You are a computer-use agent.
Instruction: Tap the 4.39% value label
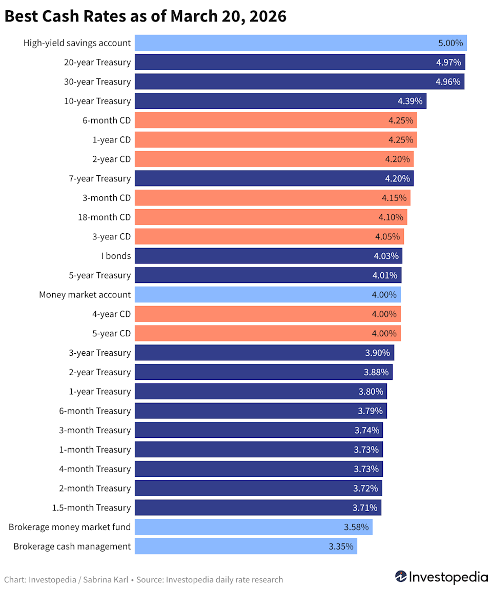click(410, 101)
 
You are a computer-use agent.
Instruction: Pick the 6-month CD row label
click(106, 120)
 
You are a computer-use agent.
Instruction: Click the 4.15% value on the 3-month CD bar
click(394, 198)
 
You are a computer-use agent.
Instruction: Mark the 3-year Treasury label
click(99, 353)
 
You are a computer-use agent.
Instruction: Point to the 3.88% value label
click(376, 372)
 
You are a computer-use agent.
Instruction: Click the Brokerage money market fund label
click(70, 527)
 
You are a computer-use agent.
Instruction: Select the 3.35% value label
click(341, 546)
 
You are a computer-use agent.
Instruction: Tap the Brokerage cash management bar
click(245, 546)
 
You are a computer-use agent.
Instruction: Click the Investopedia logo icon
click(401, 577)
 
